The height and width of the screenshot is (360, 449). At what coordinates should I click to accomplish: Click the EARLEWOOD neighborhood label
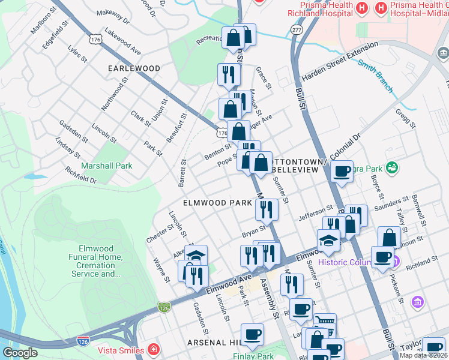[x=134, y=68]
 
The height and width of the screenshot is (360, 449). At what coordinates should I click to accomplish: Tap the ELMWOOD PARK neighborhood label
[x=217, y=203]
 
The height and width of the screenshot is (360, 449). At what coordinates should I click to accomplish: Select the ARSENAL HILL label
[x=214, y=343]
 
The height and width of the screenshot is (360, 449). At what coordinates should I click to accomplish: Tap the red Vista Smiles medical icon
[x=154, y=350]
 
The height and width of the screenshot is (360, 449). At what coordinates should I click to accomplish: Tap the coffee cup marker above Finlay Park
[x=252, y=334]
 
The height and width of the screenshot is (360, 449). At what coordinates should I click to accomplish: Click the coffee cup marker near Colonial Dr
[x=342, y=171]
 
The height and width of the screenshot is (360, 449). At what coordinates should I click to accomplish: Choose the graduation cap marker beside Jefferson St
[x=328, y=240]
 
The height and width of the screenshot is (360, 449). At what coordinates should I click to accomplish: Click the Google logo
[x=20, y=353]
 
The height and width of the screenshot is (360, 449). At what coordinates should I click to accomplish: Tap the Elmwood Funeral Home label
[x=100, y=262]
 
